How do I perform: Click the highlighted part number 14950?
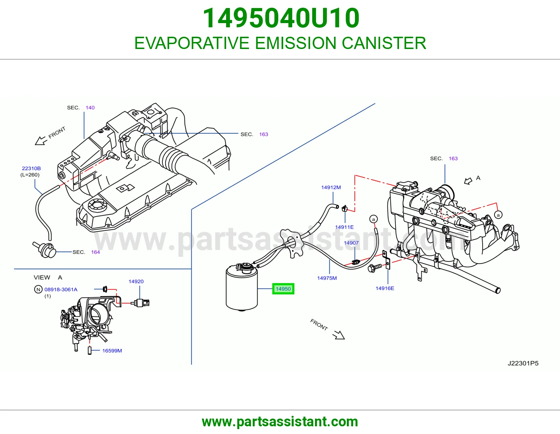(283, 289)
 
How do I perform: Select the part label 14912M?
(331, 187)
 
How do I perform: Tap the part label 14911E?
(344, 227)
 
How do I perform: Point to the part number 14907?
(351, 243)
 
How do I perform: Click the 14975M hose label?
(327, 278)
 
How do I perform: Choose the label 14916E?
(385, 288)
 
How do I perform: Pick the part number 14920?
(136, 281)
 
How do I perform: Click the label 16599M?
(112, 350)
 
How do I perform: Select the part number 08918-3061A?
(61, 289)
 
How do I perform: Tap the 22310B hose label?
(31, 168)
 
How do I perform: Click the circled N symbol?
(38, 289)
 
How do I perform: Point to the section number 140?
(90, 107)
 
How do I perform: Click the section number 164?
(95, 252)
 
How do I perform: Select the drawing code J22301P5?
(523, 363)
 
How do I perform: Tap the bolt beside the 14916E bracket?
(375, 267)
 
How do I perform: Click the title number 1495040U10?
(281, 18)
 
